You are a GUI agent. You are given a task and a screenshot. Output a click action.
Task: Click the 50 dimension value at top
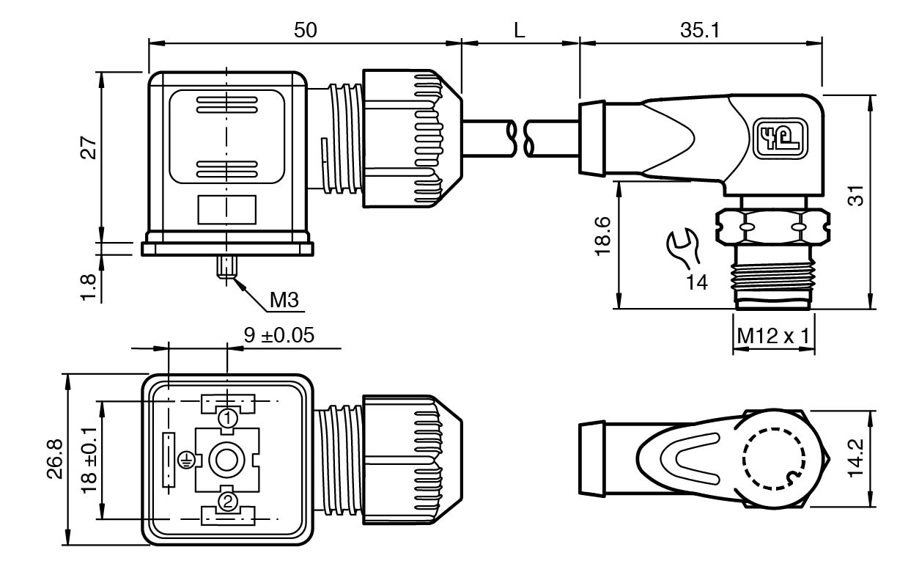306,30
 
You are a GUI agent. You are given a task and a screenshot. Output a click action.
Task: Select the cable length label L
519,30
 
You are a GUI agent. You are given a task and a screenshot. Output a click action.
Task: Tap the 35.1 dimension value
701,30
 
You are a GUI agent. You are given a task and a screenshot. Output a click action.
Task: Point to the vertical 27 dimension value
89,148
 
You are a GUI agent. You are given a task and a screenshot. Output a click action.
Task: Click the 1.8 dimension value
89,287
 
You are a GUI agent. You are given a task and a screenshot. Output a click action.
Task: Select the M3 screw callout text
284,300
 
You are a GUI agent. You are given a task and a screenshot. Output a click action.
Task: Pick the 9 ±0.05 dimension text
279,335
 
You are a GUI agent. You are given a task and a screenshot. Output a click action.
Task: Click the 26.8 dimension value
56,458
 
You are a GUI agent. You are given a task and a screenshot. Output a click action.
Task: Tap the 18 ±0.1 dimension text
89,460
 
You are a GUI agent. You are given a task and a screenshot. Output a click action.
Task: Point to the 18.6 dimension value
602,236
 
